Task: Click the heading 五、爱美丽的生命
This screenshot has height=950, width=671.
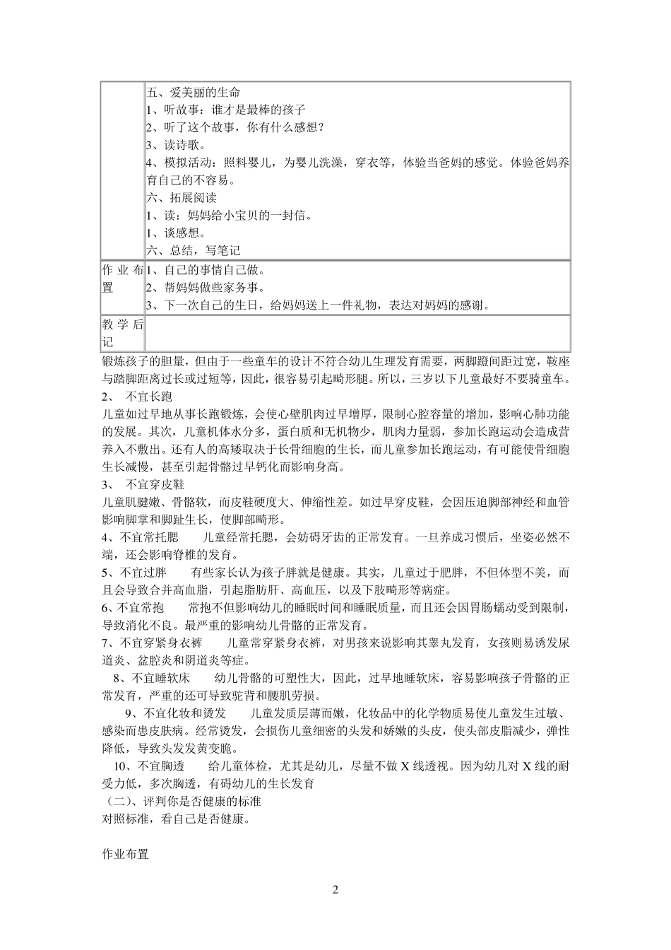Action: (x=193, y=93)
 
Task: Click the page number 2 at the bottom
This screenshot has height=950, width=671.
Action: (x=335, y=890)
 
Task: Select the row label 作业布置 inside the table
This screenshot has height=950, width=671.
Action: (x=122, y=279)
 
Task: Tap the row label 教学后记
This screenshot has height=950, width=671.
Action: (x=122, y=333)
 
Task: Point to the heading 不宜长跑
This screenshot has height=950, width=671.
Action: (x=148, y=397)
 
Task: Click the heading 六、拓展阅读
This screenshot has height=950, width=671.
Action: (x=181, y=198)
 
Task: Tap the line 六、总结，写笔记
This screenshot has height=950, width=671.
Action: (x=193, y=250)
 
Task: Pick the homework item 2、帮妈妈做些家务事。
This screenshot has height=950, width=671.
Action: (x=206, y=288)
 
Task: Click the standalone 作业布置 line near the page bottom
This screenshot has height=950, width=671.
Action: (x=125, y=854)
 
